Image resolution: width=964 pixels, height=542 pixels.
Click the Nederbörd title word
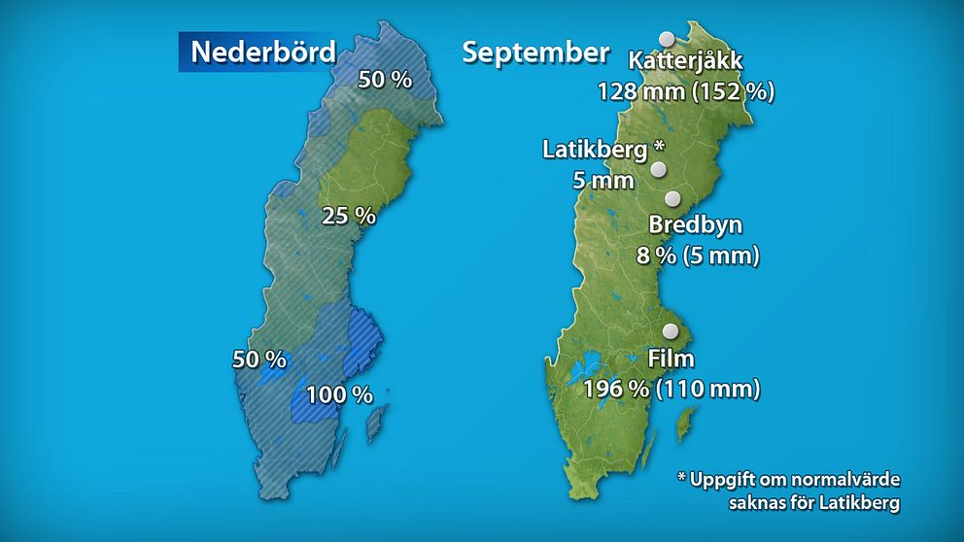[x=262, y=52]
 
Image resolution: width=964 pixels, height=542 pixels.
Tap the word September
[x=535, y=52]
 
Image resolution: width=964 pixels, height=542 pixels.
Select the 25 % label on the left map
[x=349, y=216]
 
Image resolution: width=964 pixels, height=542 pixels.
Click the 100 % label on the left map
[x=339, y=395]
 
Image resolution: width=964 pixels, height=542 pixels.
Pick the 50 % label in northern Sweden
[x=385, y=80]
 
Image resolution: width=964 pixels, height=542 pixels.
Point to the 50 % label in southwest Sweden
[x=259, y=359]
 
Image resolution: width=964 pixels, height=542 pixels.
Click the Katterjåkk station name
[x=685, y=61]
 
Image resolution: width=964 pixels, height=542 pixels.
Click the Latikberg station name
[x=595, y=151]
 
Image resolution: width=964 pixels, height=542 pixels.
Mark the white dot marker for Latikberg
[x=659, y=170]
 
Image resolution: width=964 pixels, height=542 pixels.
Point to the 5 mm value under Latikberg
[x=602, y=181]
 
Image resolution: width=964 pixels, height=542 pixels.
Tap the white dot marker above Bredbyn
[x=672, y=199]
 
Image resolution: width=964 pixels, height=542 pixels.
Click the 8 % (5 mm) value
[x=696, y=257]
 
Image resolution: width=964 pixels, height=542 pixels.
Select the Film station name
[x=671, y=359]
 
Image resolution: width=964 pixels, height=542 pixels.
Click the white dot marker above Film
[x=670, y=331]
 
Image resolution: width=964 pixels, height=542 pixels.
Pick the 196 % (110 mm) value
[x=671, y=390]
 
